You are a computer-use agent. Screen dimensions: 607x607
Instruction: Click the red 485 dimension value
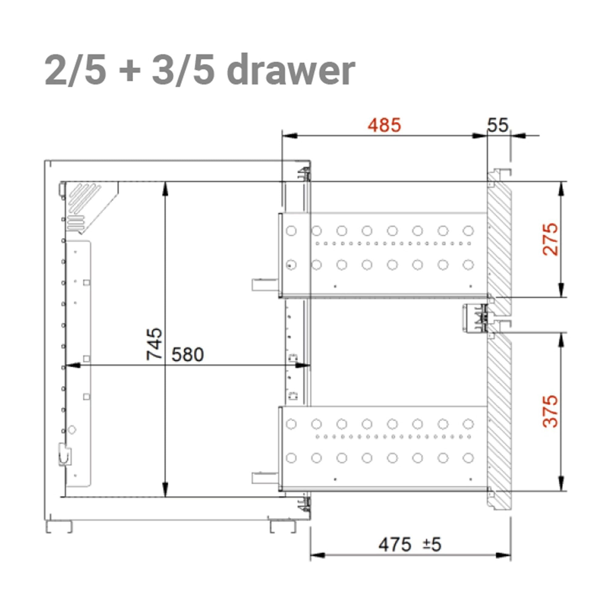384,125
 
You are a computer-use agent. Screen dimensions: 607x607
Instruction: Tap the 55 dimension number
498,125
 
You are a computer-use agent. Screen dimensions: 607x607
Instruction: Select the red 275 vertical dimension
551,239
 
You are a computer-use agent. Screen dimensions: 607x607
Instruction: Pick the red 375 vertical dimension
551,411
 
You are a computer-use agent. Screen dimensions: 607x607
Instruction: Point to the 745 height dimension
154,344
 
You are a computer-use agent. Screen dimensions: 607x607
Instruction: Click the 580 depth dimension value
188,355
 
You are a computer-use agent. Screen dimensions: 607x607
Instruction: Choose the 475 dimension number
395,544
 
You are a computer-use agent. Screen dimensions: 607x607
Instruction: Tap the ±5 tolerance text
432,544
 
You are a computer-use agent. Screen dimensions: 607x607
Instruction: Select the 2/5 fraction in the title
75,70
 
